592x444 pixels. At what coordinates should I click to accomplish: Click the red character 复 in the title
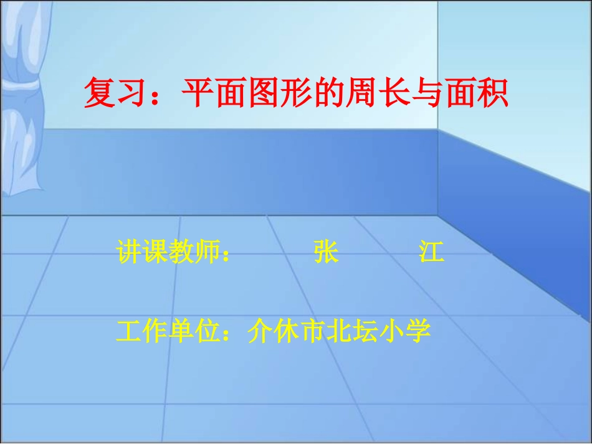[100, 94]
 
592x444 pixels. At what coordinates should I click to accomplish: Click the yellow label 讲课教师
[168, 253]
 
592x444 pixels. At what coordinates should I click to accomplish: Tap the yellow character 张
[325, 253]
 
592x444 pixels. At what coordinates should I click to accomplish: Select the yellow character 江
[431, 253]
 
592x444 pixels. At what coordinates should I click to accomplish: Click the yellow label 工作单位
[168, 331]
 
